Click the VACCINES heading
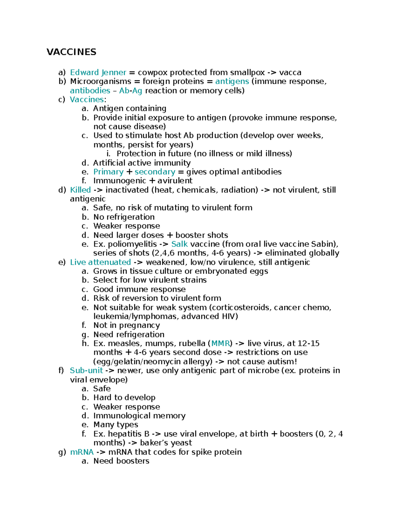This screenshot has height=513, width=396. [71, 52]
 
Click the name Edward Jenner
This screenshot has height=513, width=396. [98, 72]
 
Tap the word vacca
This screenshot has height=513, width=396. [290, 72]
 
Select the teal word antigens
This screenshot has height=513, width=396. [232, 81]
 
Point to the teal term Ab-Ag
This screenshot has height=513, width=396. [131, 91]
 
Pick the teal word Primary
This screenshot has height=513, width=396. [108, 172]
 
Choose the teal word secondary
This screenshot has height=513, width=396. [155, 172]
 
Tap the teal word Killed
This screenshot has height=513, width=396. [80, 190]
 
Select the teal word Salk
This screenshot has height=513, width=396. [179, 244]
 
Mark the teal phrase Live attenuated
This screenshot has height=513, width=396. [100, 262]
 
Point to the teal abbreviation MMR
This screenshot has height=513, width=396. [220, 344]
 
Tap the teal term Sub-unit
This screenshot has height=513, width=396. [86, 371]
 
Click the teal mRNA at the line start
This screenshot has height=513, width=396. [82, 452]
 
